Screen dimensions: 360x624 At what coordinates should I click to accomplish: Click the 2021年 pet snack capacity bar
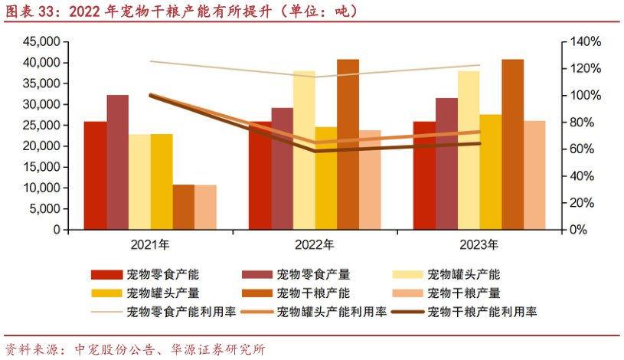(96, 175)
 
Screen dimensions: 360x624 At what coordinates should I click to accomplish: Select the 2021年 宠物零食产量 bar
(118, 162)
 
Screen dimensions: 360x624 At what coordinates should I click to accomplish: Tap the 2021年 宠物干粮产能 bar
(184, 207)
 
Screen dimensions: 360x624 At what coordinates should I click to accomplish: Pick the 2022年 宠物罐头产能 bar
(304, 150)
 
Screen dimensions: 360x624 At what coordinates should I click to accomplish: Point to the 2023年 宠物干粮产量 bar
(534, 175)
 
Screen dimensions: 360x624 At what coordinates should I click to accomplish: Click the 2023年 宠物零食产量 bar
(446, 164)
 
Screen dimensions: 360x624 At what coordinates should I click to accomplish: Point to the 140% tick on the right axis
(583, 41)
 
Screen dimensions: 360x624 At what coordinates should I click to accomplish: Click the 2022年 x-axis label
(315, 245)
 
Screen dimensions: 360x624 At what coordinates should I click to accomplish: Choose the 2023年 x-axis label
(479, 245)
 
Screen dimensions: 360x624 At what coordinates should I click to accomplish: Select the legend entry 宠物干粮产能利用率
(482, 312)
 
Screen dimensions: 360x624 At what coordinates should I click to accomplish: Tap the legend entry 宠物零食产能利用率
(181, 312)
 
